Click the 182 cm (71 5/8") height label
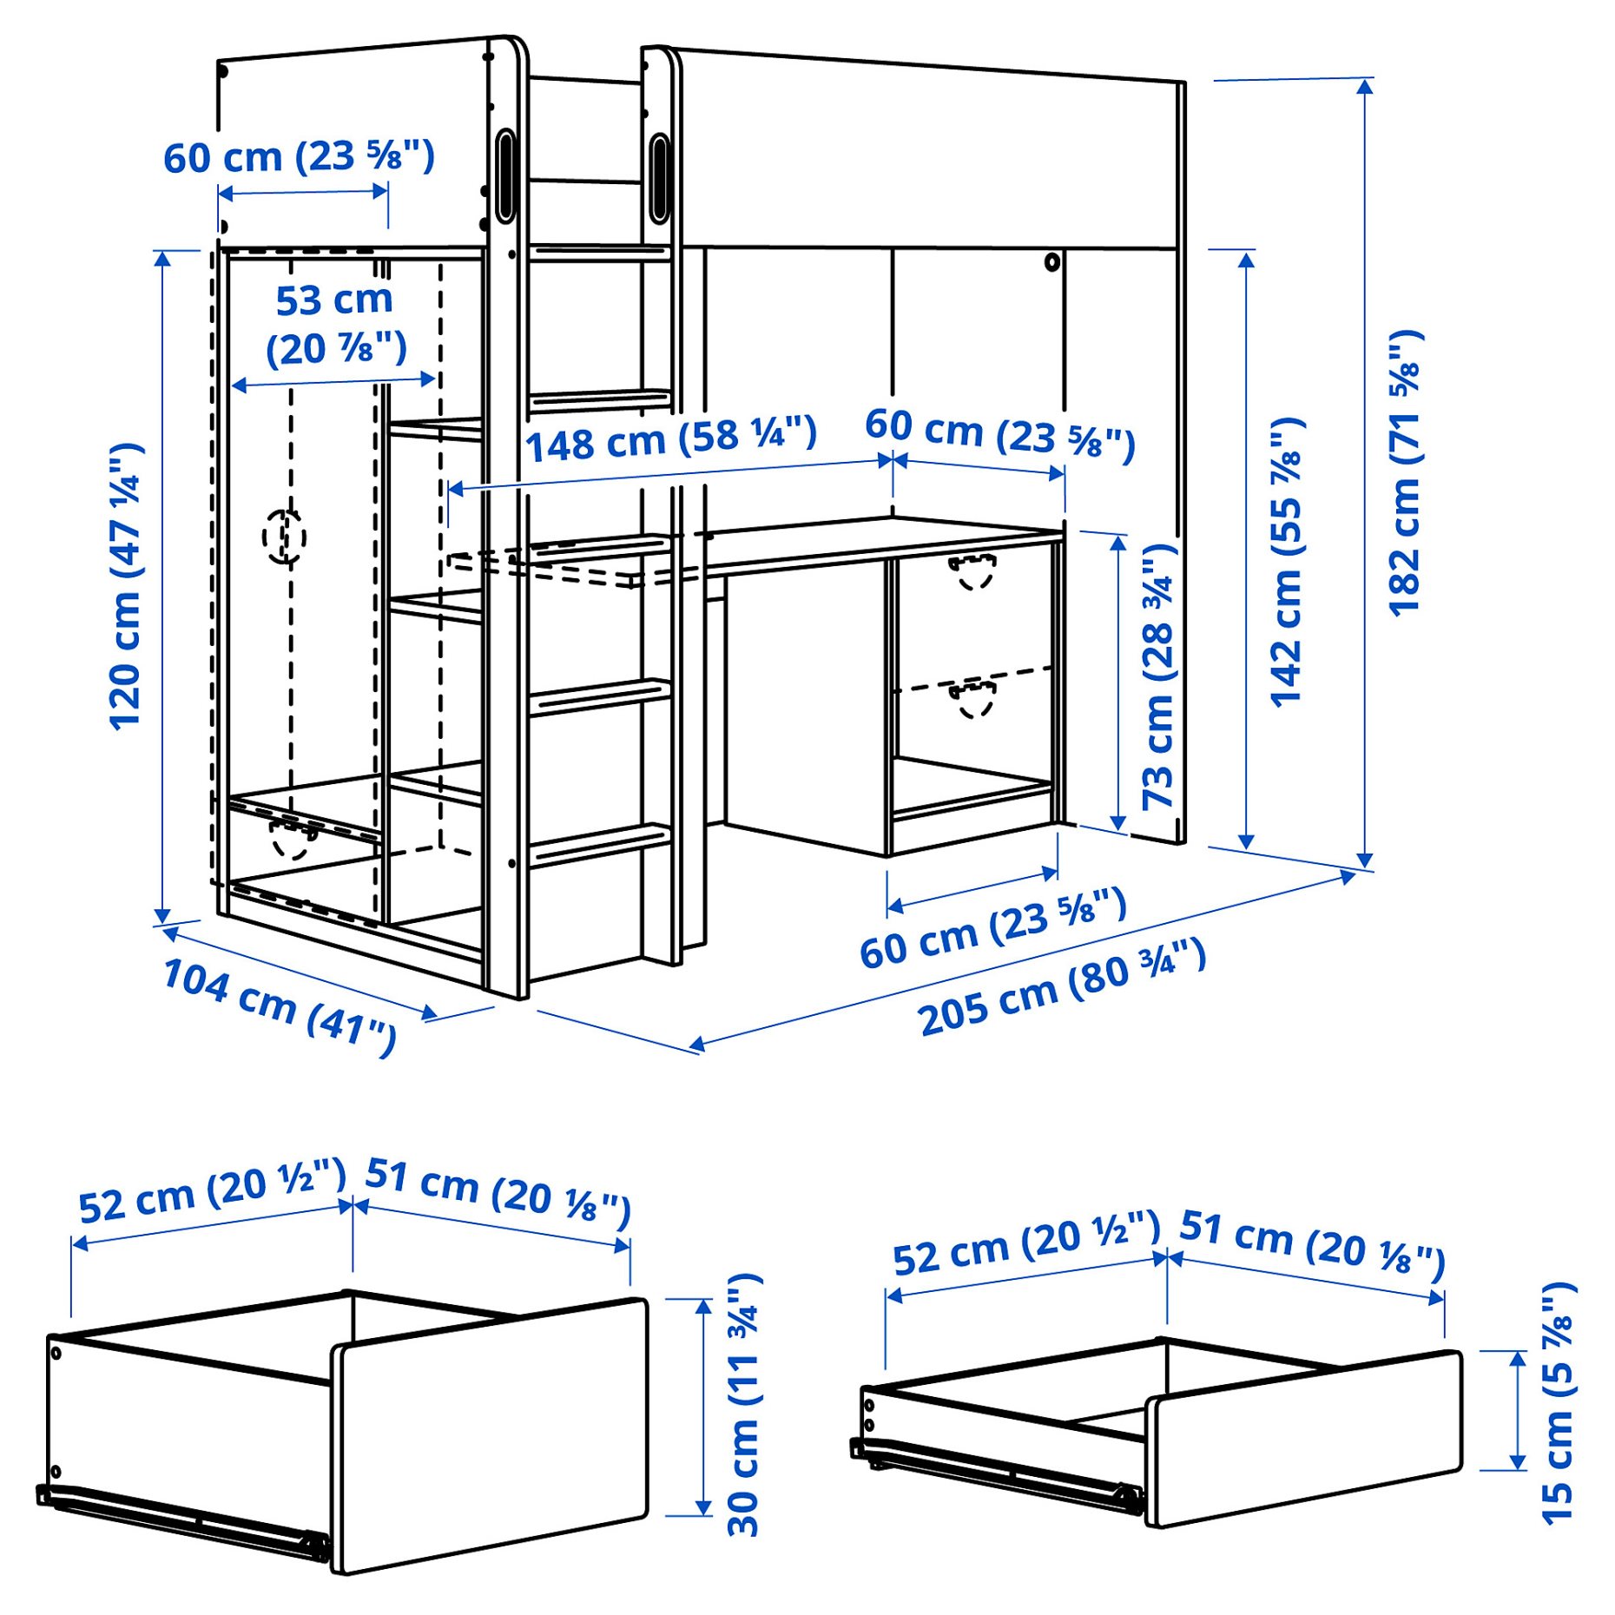pyautogui.click(x=1404, y=473)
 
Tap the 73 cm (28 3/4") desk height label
pyautogui.click(x=1158, y=677)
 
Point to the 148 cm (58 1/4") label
pyautogui.click(x=670, y=439)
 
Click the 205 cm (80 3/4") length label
pyautogui.click(x=1061, y=988)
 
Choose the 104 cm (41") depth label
pyautogui.click(x=280, y=1005)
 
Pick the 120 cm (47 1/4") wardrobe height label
pyautogui.click(x=126, y=587)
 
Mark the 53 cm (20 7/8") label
pyautogui.click(x=335, y=325)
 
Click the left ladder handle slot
pyautogui.click(x=504, y=177)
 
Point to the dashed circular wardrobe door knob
pyautogui.click(x=284, y=537)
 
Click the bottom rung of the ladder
pyautogui.click(x=599, y=843)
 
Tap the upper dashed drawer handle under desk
pyautogui.click(x=972, y=570)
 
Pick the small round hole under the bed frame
pyautogui.click(x=1052, y=261)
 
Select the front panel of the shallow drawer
pyautogui.click(x=1304, y=1437)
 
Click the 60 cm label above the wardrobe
pyautogui.click(x=299, y=157)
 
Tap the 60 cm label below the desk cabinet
pyautogui.click(x=992, y=929)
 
